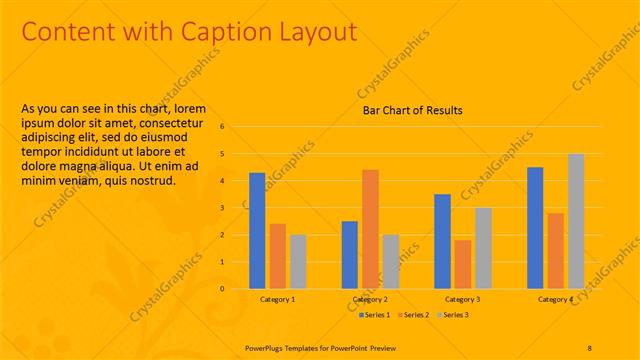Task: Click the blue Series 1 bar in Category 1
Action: [x=257, y=231]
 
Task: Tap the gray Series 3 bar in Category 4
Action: [x=576, y=221]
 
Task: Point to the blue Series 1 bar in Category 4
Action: [x=535, y=228]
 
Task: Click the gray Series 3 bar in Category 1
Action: [x=298, y=262]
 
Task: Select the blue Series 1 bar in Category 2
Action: [x=350, y=255]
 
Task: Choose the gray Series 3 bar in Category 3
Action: [x=483, y=248]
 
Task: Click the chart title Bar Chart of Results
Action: [x=412, y=110]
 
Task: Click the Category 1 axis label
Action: [x=277, y=300]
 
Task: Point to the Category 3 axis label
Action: [x=462, y=300]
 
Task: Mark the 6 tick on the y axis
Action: [x=237, y=127]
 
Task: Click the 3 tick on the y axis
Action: [x=237, y=208]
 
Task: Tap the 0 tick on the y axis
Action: [x=237, y=289]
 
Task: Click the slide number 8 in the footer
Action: [x=590, y=347]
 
